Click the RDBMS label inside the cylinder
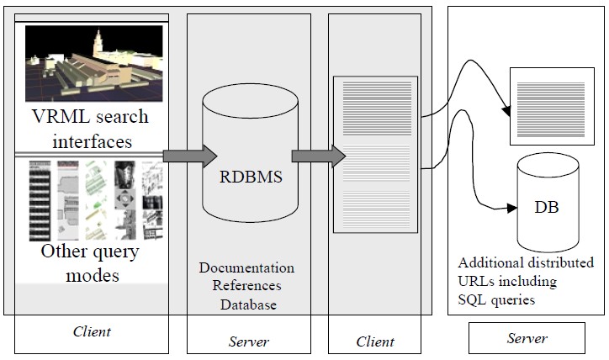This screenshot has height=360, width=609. pos(251,177)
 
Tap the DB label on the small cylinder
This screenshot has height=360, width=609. pos(547,207)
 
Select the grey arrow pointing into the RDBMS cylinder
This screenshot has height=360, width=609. pos(189,156)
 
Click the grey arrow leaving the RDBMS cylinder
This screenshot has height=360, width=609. pos(319,156)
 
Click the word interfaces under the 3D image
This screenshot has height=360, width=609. pos(92,141)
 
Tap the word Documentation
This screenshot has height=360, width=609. pos(246,267)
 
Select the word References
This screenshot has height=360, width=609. pos(246,285)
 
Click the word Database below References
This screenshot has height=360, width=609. pos(248,304)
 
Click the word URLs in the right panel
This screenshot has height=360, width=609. pos(476,281)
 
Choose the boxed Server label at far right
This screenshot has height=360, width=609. pos(527,338)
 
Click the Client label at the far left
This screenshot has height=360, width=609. pos(92,331)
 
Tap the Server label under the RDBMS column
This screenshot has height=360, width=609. pos(249,341)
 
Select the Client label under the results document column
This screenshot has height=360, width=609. pos(375,341)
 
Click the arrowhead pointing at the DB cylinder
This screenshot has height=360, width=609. pos(512,209)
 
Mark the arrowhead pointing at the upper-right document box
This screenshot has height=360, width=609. pos(506,111)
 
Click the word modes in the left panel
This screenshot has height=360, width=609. pos(93,276)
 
